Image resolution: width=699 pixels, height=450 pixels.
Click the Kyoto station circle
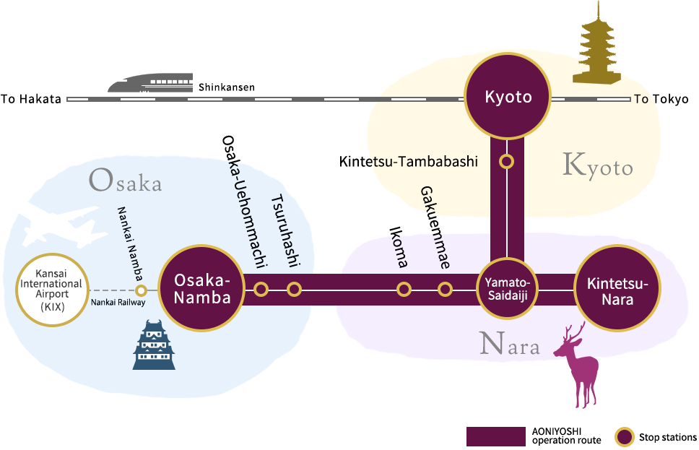point(508,97)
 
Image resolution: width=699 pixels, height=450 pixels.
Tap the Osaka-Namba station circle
point(201,289)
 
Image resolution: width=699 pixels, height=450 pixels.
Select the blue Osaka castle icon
point(154,345)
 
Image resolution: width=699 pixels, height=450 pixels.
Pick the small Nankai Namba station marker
point(142,290)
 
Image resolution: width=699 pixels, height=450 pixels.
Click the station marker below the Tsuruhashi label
point(294,290)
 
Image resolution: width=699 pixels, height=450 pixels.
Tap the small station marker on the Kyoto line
point(508,162)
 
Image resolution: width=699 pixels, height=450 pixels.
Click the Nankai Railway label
point(118,303)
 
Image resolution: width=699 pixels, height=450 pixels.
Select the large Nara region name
point(510,345)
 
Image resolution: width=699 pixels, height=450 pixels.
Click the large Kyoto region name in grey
point(597,166)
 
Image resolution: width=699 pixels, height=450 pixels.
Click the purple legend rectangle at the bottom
point(496,436)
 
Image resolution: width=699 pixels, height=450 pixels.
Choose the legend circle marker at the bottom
point(624,436)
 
